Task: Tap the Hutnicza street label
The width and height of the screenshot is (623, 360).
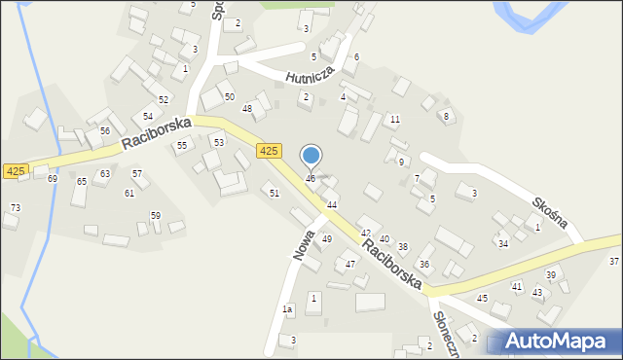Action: tap(310, 76)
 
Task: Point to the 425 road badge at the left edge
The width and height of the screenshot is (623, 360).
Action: tap(15, 171)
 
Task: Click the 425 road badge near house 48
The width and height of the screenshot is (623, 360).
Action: tap(270, 151)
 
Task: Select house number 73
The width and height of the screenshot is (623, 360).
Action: tap(15, 208)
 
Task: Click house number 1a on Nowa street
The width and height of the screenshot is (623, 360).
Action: tap(287, 309)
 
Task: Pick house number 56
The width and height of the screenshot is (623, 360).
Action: tap(104, 131)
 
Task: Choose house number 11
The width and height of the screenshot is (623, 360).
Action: tap(394, 120)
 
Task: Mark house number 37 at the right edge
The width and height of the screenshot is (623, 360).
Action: tap(614, 262)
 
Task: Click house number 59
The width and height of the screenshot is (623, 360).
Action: tap(155, 215)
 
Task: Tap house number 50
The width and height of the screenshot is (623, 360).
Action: tap(229, 96)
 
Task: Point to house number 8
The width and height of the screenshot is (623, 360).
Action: tap(446, 117)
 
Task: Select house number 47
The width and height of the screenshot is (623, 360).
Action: tap(349, 265)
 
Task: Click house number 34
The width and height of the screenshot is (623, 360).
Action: tap(503, 244)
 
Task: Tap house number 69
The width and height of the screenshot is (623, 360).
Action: tap(53, 179)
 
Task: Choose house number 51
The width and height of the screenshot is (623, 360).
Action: tap(275, 194)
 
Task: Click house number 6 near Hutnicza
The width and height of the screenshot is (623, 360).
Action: tap(356, 57)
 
